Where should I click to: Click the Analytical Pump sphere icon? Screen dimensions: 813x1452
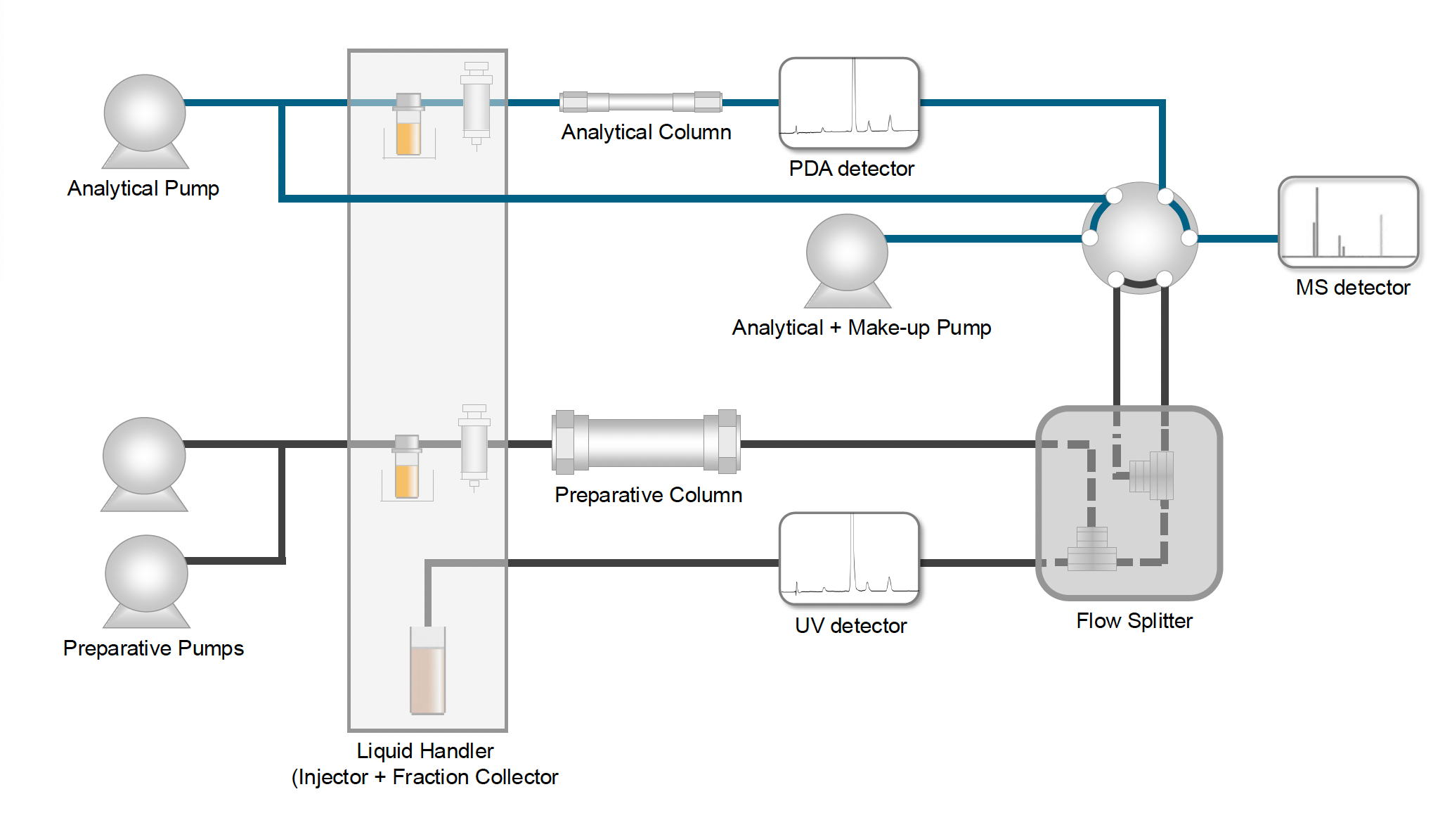(x=145, y=114)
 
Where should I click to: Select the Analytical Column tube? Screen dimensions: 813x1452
(x=641, y=102)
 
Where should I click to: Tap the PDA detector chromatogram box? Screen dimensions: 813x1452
(x=849, y=103)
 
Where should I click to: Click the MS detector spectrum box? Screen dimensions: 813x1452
(x=1348, y=222)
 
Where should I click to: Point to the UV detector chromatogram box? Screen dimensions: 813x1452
(x=849, y=558)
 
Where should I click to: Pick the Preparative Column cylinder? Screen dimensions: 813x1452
(x=646, y=442)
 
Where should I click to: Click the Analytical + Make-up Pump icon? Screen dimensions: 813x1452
(x=847, y=253)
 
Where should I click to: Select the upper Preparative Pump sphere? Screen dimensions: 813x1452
(x=144, y=456)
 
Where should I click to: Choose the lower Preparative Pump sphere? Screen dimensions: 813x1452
(x=146, y=574)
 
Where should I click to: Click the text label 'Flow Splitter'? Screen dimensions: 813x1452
(x=1134, y=621)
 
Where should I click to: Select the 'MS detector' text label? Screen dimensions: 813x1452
(x=1352, y=288)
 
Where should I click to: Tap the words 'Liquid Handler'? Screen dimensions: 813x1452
(x=425, y=751)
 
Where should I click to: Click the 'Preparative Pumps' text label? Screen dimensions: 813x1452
(x=153, y=648)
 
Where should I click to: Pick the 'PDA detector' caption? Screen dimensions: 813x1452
(x=851, y=169)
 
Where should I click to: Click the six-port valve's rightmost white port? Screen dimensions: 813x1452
(x=1189, y=238)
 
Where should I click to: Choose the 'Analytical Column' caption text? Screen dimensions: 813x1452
(x=646, y=132)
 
